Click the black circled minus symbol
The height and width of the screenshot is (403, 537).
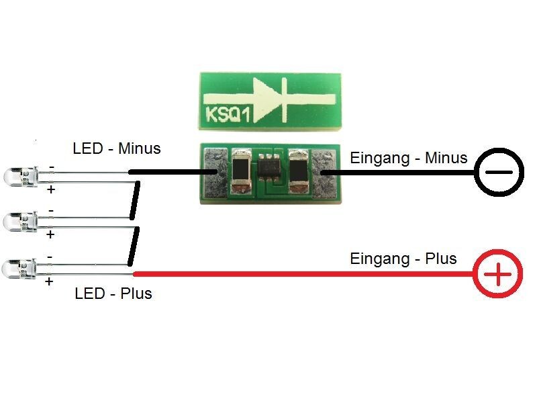[498, 173]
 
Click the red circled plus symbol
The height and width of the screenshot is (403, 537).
[498, 274]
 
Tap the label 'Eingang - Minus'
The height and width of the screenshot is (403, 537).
[408, 159]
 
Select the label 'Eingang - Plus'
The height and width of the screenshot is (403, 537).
[403, 259]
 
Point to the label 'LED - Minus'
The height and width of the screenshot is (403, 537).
[117, 148]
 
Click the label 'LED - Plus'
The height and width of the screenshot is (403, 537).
[113, 294]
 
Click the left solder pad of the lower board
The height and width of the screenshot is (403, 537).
[215, 173]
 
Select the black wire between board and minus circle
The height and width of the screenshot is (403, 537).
[403, 173]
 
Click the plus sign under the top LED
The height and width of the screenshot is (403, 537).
[50, 190]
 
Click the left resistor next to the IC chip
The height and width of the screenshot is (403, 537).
[240, 172]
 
